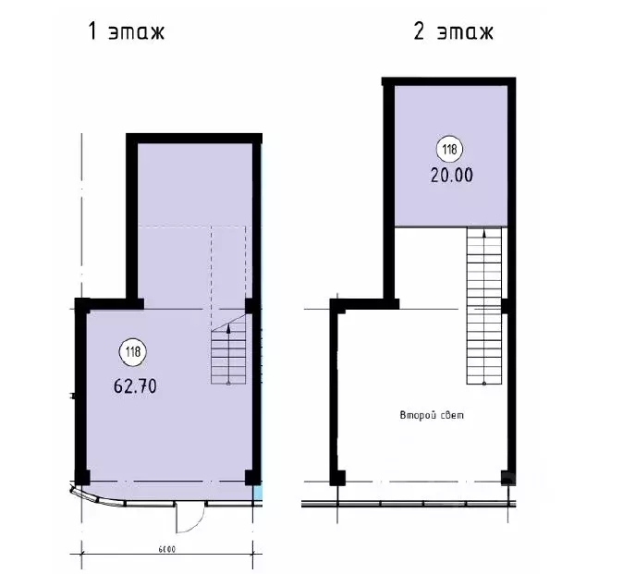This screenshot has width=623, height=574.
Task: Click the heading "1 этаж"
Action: tap(126, 31)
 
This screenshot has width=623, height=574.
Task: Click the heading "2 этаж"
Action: tap(453, 31)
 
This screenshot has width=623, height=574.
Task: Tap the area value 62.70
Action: tap(135, 385)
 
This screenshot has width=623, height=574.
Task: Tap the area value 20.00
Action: tap(452, 176)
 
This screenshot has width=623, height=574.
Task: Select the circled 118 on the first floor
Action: tap(133, 351)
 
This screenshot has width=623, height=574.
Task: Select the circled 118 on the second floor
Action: tap(450, 150)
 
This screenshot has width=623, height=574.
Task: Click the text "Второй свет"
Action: tap(432, 416)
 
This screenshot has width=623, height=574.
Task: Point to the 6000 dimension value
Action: tap(167, 549)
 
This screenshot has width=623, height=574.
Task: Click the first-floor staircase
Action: tap(228, 348)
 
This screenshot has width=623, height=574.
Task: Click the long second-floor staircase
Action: tap(484, 305)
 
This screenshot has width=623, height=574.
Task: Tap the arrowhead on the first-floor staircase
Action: tap(228, 328)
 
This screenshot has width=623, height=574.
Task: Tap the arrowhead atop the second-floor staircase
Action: tap(484, 233)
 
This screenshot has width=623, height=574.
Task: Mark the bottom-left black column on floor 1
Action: tap(82, 478)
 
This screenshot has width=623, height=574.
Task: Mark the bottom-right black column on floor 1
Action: tap(252, 478)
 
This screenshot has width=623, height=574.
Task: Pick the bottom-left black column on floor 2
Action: tap(337, 478)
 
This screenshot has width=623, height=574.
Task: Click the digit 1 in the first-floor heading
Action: tap(92, 31)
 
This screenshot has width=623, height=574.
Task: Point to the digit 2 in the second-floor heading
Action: tap(419, 31)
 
